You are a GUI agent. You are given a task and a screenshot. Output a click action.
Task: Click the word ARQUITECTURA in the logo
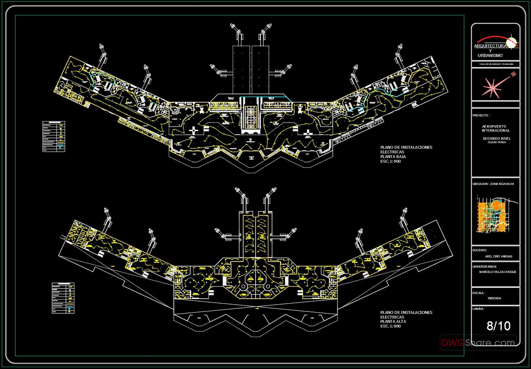tap(490, 46)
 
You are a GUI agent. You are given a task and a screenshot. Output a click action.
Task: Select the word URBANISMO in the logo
tap(490, 56)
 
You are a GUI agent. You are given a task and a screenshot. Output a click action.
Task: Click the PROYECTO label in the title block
tap(481, 116)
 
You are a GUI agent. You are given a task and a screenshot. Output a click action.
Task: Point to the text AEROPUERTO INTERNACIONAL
tap(496, 129)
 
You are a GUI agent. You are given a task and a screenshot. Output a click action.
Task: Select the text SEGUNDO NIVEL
tap(496, 139)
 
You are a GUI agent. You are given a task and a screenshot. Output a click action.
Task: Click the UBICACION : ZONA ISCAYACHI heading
tap(493, 184)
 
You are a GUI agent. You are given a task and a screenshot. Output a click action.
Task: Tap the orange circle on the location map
tap(496, 205)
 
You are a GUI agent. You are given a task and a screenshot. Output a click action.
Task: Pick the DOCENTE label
tap(480, 250)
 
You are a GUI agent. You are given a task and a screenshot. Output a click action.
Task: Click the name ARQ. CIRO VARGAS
tap(499, 257)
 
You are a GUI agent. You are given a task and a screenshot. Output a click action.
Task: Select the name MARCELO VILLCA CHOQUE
tap(497, 272)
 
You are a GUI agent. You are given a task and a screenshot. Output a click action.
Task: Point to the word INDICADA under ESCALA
tap(494, 298)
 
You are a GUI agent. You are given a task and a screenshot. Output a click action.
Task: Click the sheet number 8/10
tap(498, 326)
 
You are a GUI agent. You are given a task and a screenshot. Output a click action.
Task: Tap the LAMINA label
tap(478, 309)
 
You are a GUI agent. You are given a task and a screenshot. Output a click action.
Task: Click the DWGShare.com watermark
tap(478, 343)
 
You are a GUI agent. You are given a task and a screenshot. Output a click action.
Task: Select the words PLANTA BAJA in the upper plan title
tap(393, 157)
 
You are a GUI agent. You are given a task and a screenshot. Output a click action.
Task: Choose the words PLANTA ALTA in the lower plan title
tap(393, 322)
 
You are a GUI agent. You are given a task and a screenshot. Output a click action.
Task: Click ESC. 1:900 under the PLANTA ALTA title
tap(390, 326)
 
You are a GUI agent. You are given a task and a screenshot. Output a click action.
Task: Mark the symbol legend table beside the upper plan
tap(54, 136)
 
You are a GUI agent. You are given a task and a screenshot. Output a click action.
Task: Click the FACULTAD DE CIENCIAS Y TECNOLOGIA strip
tap(496, 64)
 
